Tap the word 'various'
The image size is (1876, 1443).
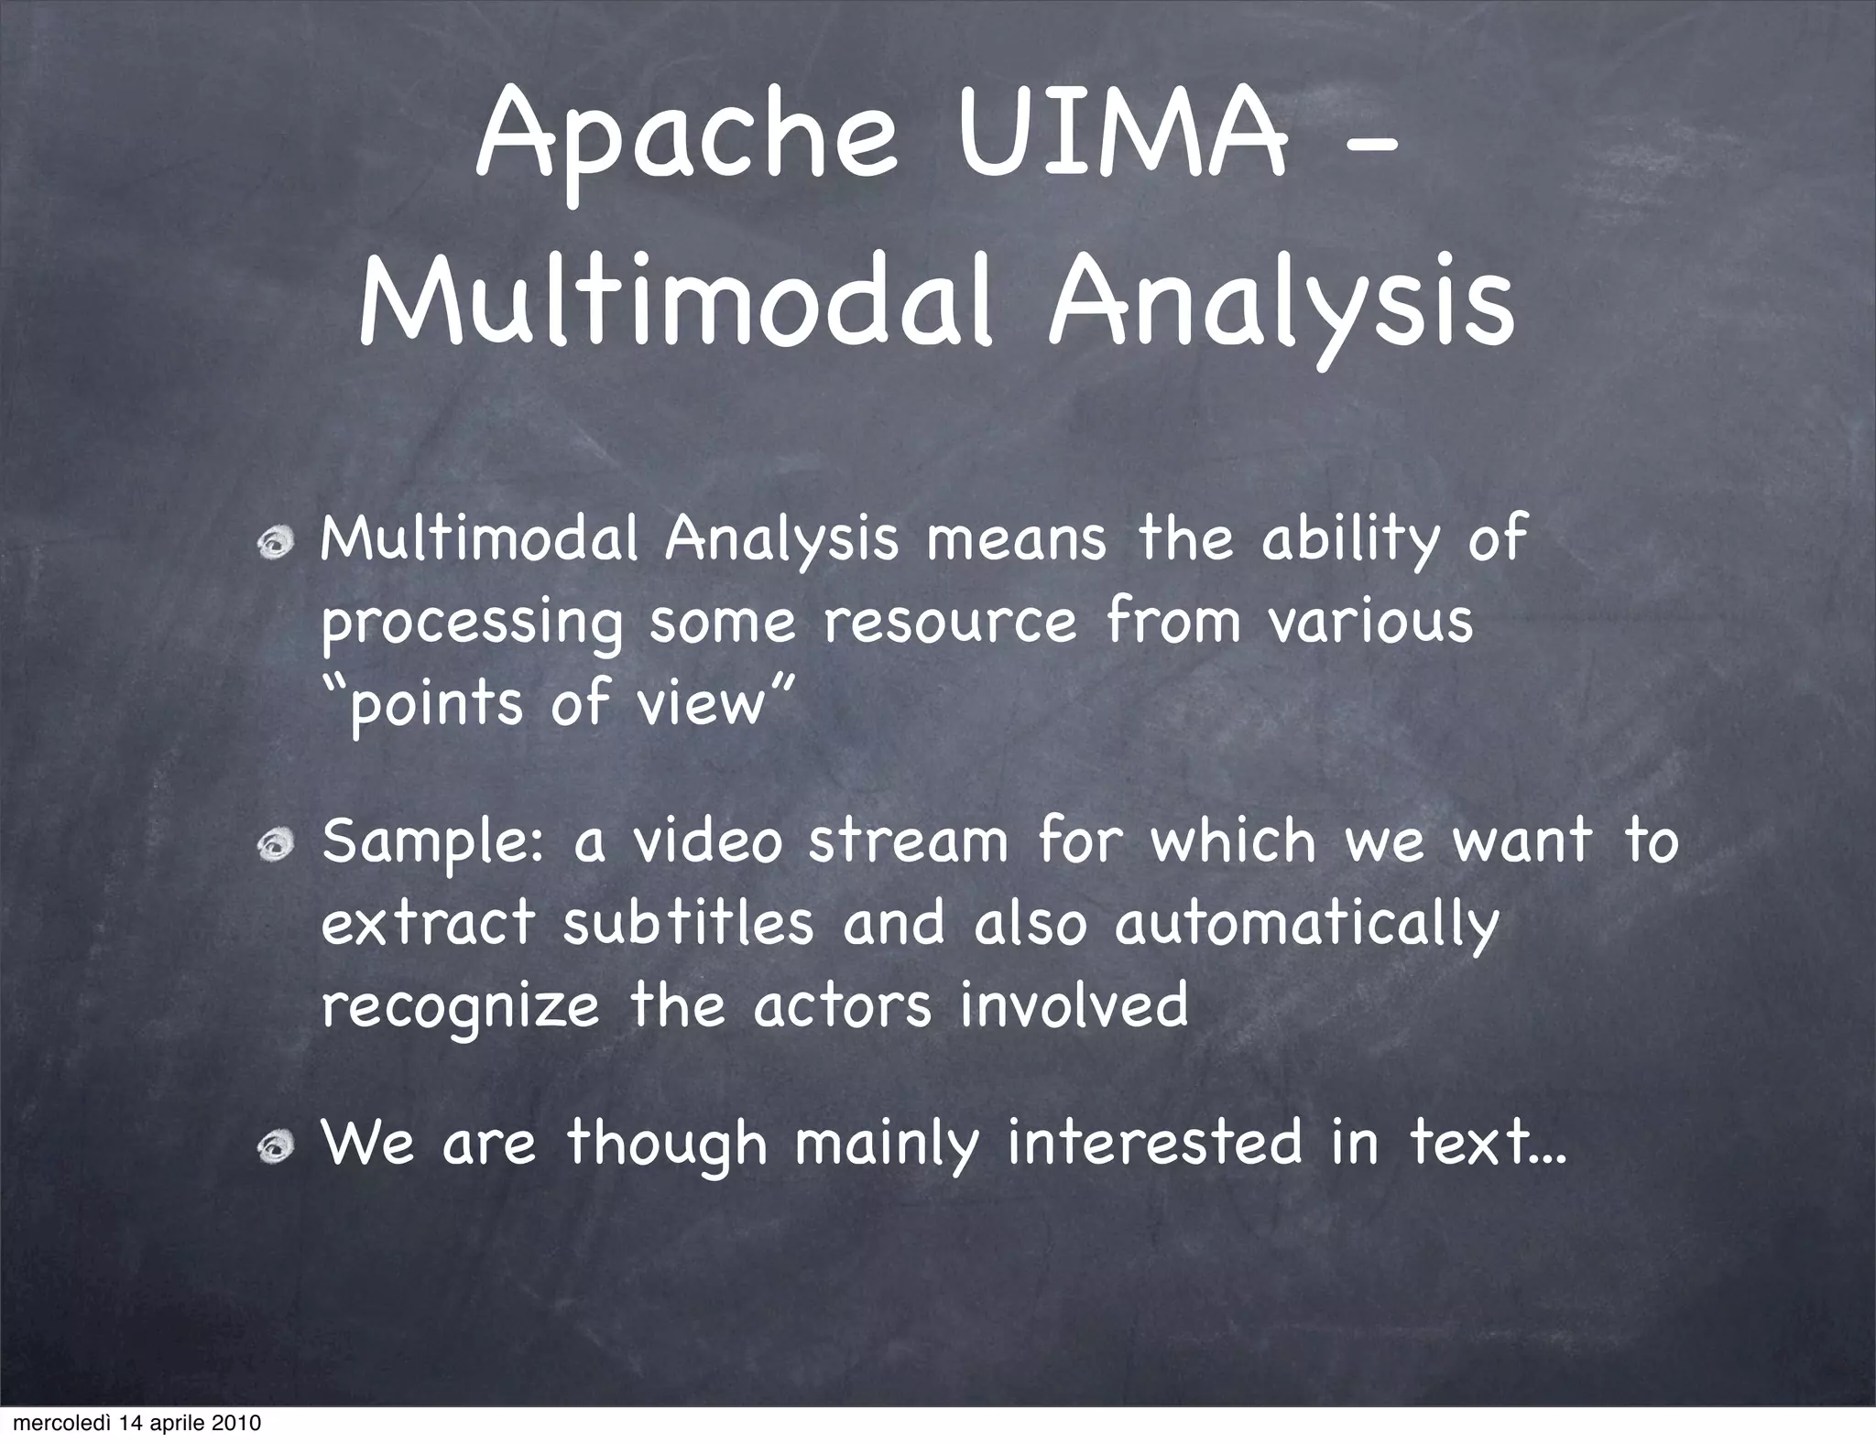click(1370, 623)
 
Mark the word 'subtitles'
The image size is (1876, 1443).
click(688, 923)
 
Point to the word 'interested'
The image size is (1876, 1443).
click(1154, 1145)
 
